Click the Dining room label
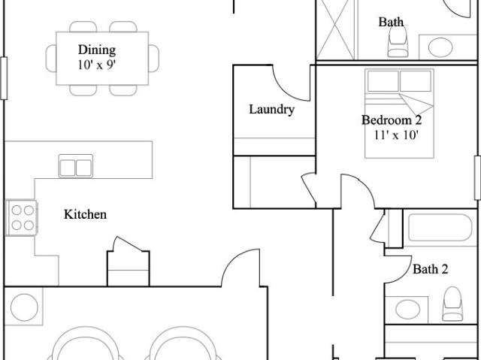click(97, 50)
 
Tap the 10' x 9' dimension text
click(97, 65)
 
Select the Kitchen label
click(85, 214)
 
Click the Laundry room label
click(271, 110)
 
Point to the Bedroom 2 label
click(392, 120)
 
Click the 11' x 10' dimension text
click(396, 135)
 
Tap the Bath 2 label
click(431, 269)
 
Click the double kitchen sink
click(75, 166)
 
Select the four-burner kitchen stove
click(22, 218)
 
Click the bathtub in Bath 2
click(440, 228)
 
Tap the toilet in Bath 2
click(452, 304)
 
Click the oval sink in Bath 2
click(407, 310)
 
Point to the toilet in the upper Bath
click(398, 41)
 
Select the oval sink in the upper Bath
click(440, 47)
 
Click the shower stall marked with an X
click(335, 30)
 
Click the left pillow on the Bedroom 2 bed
click(383, 81)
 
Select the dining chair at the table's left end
click(51, 59)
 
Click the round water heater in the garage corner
click(24, 307)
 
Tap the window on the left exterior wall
click(4, 78)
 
